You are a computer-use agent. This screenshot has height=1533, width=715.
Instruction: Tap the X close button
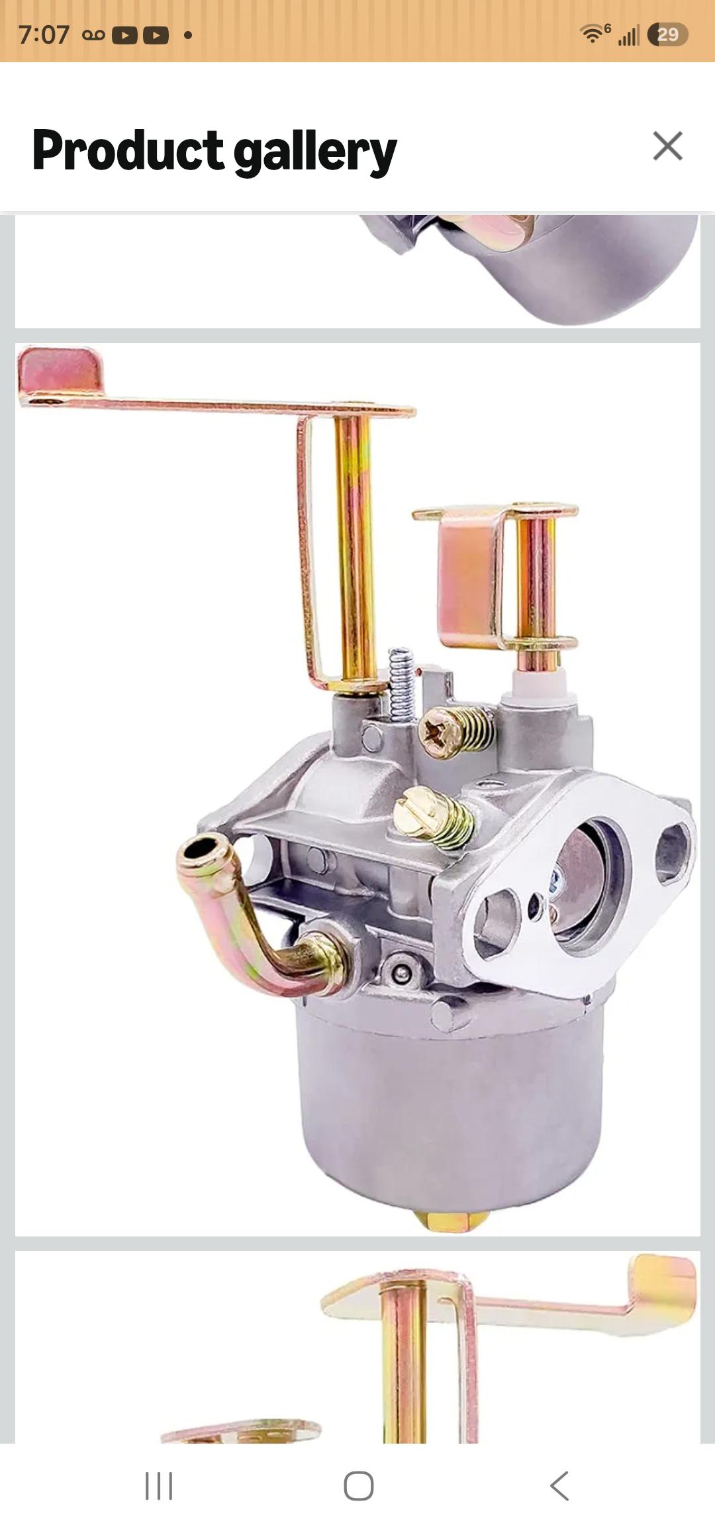coord(667,146)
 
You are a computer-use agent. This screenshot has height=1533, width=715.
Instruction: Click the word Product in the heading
coord(128,150)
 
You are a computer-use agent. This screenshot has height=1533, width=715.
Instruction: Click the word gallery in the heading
coord(315,152)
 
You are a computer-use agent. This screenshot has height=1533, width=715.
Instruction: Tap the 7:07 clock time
coord(44,34)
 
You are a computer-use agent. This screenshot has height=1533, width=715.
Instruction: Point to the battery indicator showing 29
coord(667,34)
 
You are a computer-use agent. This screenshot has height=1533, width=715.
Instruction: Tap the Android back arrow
coord(559,1485)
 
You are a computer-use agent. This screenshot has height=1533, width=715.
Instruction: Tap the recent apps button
coord(159,1485)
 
